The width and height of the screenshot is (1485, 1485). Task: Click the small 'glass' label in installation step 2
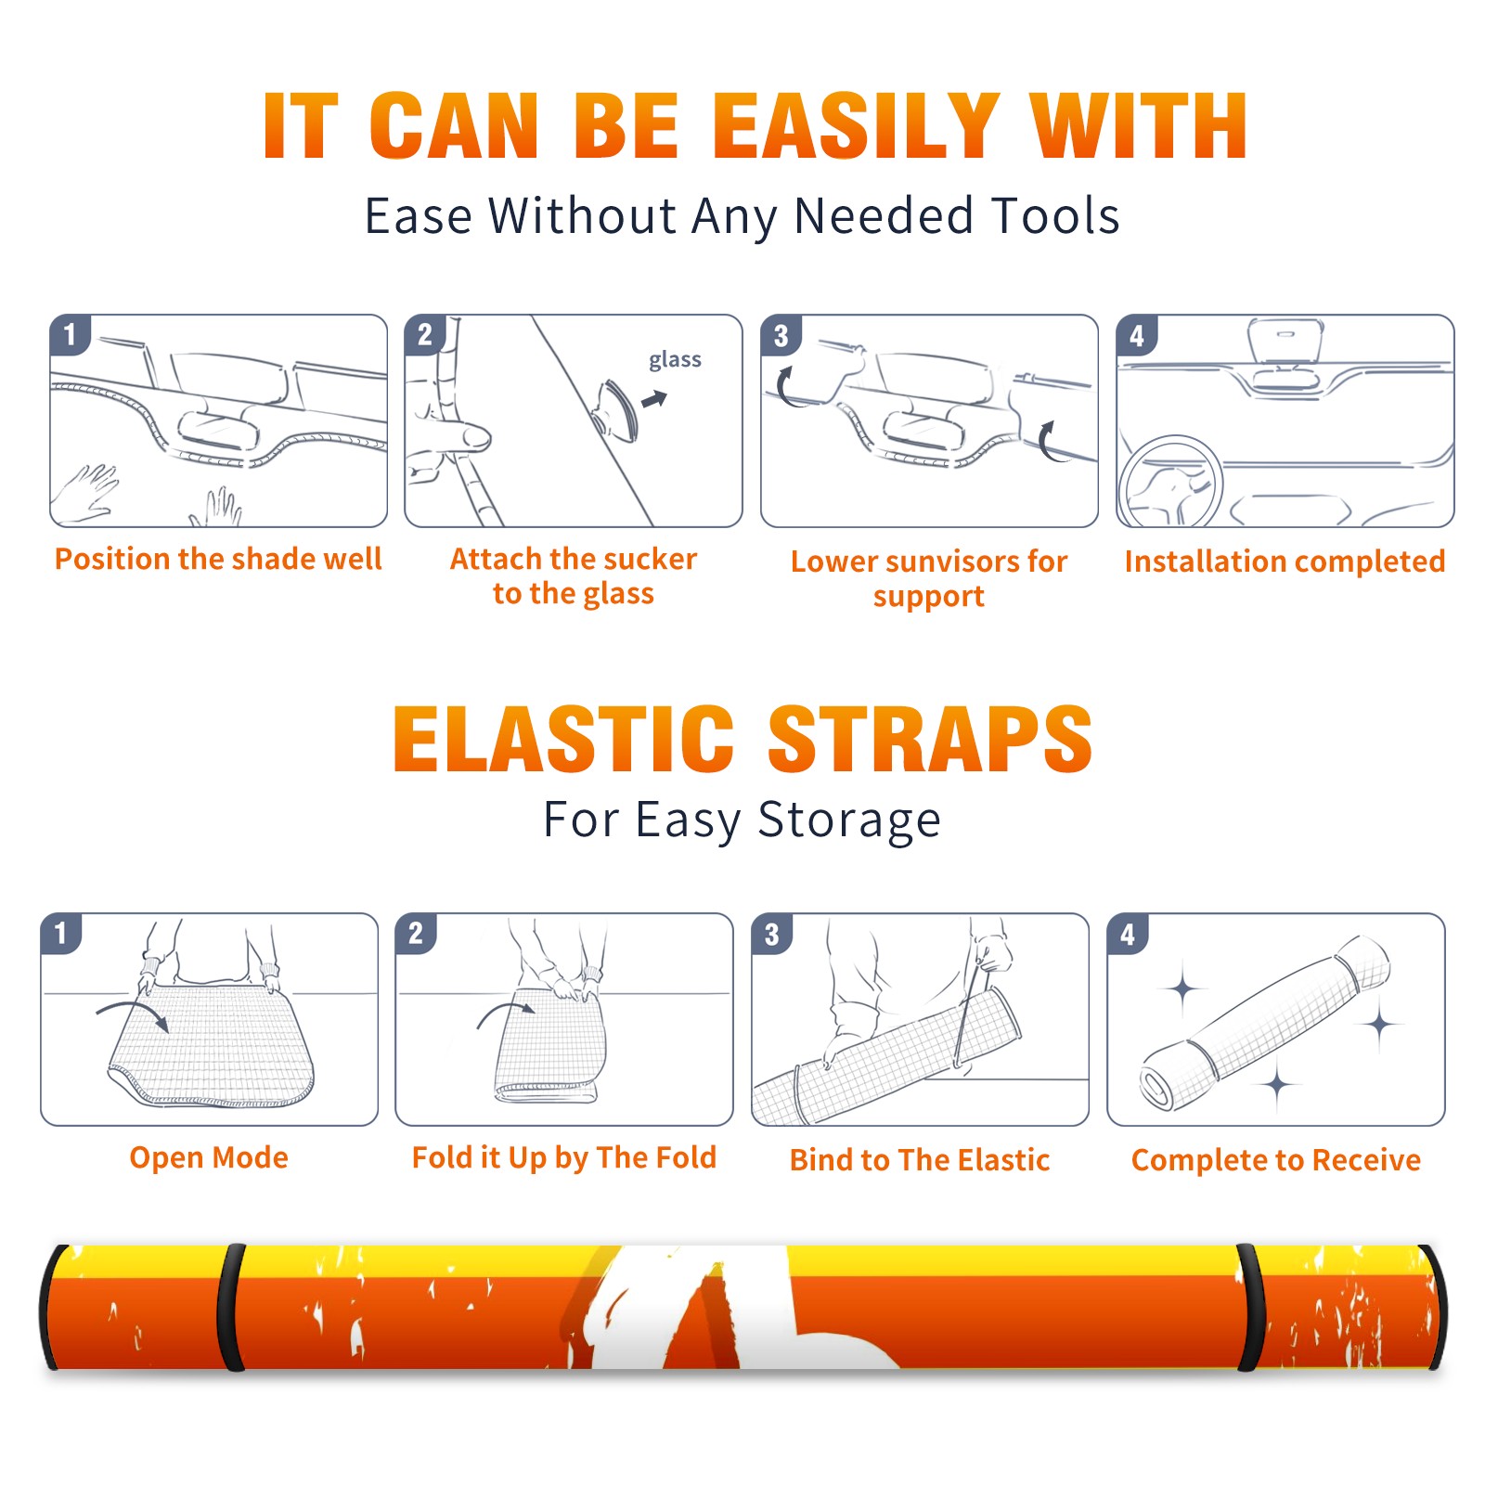pos(675,360)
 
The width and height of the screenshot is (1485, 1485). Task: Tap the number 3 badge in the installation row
pos(781,336)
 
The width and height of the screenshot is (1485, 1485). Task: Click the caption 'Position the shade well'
pos(218,559)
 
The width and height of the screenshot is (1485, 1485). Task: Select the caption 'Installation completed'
pos(1285,561)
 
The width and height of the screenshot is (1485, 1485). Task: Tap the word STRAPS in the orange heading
pos(930,739)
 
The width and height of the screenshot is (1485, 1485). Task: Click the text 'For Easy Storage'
pos(742,820)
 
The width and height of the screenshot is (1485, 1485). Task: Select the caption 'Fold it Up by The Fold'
pos(564,1158)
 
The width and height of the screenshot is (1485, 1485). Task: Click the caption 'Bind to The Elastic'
pos(919,1160)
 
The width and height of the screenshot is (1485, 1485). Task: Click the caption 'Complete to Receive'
pos(1276,1160)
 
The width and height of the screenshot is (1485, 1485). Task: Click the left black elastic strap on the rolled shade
pos(231,1307)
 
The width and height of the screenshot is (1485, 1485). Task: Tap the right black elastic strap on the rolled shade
pos(1250,1307)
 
